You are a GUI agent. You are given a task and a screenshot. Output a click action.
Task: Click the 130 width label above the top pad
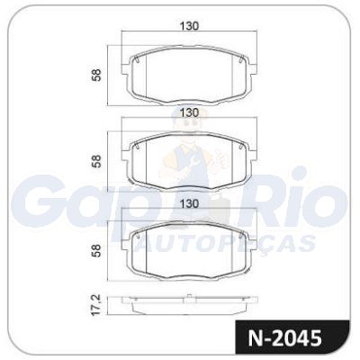pyautogui.click(x=189, y=26)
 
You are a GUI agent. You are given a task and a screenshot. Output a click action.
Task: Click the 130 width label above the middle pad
pyautogui.click(x=189, y=112)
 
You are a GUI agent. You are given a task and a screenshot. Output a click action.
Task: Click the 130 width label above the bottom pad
pyautogui.click(x=189, y=203)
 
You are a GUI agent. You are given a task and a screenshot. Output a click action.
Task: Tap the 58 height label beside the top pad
pyautogui.click(x=97, y=76)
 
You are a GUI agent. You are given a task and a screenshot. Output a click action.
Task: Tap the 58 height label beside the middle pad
pyautogui.click(x=97, y=161)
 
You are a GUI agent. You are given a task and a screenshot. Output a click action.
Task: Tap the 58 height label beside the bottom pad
pyautogui.click(x=97, y=250)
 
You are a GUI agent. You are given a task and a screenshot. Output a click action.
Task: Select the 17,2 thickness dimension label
pyautogui.click(x=96, y=305)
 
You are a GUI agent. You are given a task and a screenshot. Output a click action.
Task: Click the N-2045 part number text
pyautogui.click(x=284, y=338)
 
